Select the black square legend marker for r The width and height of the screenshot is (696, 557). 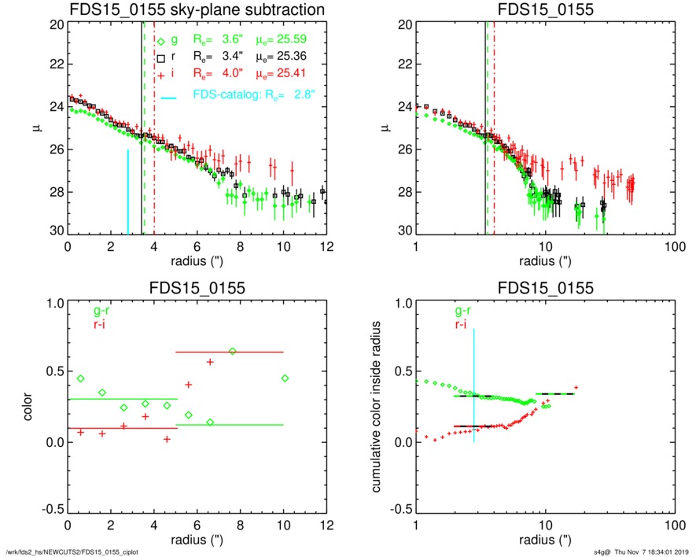160,58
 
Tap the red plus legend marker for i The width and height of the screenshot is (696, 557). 160,74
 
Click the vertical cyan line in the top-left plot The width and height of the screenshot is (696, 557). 128,193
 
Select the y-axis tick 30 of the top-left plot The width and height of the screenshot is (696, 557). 56,234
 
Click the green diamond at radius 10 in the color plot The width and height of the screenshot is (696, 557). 285,378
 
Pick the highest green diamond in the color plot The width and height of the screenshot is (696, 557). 232,351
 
